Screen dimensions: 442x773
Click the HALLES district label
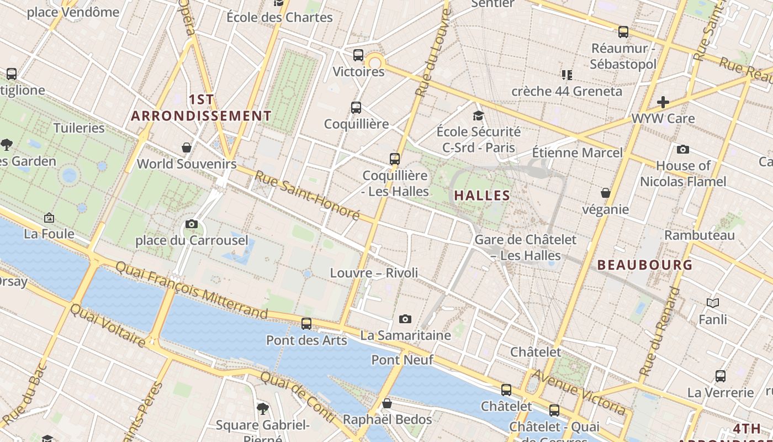pyautogui.click(x=482, y=196)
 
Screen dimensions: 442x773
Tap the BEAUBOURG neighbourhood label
pyautogui.click(x=645, y=265)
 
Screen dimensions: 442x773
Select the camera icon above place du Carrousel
pyautogui.click(x=192, y=224)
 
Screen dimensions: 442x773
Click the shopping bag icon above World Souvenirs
pyautogui.click(x=187, y=148)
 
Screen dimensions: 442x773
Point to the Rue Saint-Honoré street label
pyautogui.click(x=307, y=195)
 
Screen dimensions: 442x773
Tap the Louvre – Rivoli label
pyautogui.click(x=374, y=273)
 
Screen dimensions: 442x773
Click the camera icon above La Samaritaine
pyautogui.click(x=405, y=319)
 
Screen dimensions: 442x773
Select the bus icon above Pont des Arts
pyautogui.click(x=306, y=324)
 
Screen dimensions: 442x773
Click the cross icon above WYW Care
pyautogui.click(x=663, y=102)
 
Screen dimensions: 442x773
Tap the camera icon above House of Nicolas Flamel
pyautogui.click(x=683, y=149)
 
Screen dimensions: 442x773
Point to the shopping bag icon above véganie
pyautogui.click(x=606, y=193)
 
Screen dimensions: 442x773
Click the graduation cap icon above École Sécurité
pyautogui.click(x=478, y=115)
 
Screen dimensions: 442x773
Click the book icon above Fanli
pyautogui.click(x=713, y=303)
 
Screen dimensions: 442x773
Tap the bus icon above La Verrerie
pyautogui.click(x=721, y=376)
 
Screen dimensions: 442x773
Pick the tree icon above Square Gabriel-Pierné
pyautogui.click(x=263, y=408)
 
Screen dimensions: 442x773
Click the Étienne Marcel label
pyautogui.click(x=577, y=152)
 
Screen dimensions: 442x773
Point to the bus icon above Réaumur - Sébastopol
pyautogui.click(x=623, y=32)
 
